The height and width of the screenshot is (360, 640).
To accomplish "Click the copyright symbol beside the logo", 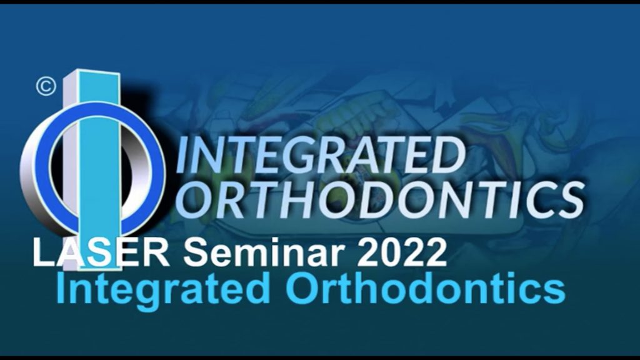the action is coord(46,86).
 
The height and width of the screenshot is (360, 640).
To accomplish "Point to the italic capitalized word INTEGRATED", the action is coord(321,155).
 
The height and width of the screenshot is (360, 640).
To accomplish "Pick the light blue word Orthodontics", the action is coord(426,287).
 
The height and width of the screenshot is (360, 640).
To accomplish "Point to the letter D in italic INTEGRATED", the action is coord(446,155).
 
